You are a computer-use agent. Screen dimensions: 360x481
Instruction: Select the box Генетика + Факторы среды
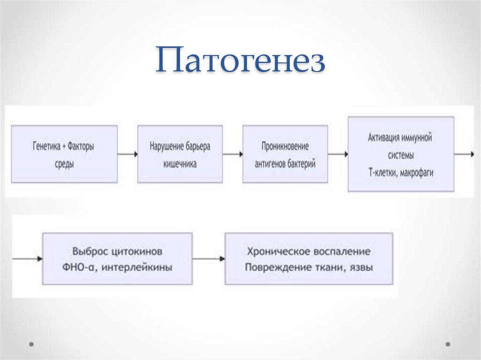tap(64, 154)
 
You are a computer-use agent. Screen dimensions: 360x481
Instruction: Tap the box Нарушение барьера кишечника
tap(180, 154)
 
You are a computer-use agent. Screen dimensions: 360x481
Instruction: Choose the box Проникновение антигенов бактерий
tap(285, 154)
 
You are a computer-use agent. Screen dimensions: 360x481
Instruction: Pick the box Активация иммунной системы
tap(401, 154)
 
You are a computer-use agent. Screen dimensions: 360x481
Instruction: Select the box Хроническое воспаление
tap(309, 259)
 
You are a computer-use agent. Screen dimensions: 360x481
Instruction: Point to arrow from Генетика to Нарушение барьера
tap(127, 154)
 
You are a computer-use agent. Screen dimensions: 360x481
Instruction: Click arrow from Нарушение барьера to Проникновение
tap(233, 154)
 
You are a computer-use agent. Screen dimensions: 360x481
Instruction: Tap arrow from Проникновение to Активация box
tap(338, 154)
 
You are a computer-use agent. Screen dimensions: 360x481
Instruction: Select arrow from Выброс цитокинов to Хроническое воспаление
tap(208, 259)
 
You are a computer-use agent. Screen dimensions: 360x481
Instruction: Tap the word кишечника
tap(180, 164)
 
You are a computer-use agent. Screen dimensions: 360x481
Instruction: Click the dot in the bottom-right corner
tap(448, 344)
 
